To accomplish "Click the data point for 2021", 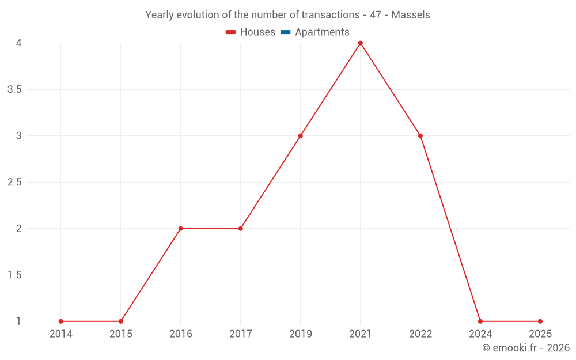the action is [x=361, y=43].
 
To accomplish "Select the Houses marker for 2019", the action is [x=301, y=136].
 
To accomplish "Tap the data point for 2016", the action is [x=181, y=229].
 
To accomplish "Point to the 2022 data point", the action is [x=420, y=136].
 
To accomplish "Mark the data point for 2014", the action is [x=61, y=321].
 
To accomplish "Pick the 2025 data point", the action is [x=540, y=321].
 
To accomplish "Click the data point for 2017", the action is [x=241, y=229].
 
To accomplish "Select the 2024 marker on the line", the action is [x=480, y=321].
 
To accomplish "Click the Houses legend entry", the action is [x=251, y=32].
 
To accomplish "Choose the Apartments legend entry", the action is [x=315, y=32].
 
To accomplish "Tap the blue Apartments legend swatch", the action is [x=286, y=32].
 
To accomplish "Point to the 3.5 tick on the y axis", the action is [x=15, y=90].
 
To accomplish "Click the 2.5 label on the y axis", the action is [x=15, y=182].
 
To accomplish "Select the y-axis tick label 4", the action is [x=19, y=43].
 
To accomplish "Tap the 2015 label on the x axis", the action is [x=121, y=334].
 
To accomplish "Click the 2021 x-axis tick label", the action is [x=361, y=334].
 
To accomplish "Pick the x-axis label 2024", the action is [x=480, y=334].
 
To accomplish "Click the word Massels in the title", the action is [x=411, y=15].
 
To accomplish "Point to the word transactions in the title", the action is [x=331, y=15].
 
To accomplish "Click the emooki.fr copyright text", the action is [x=526, y=347].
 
